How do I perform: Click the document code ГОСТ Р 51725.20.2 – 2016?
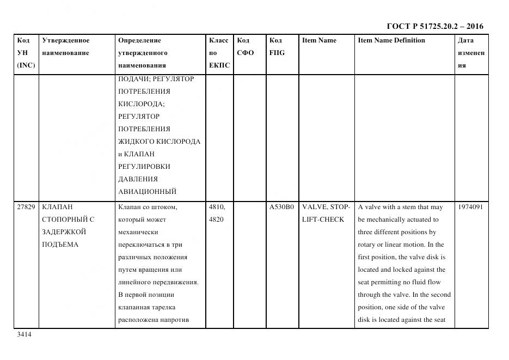pos(434,26)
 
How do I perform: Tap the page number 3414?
pos(24,334)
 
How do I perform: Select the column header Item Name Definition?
pos(391,40)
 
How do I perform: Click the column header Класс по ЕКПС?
pos(219,53)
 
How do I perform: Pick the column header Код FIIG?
pos(277,47)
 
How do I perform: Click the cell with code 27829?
pos(26,207)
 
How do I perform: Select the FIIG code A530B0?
pos(281,207)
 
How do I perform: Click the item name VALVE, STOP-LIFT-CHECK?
pos(326,213)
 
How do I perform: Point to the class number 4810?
pos(217,207)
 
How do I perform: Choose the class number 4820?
pos(216,219)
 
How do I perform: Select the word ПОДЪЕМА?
pos(60,245)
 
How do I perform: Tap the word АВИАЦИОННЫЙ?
pos(147,192)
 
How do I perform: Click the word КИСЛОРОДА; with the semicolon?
pos(142,104)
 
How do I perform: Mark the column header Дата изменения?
pos(471,53)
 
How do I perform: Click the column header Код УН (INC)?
pos(26,53)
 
